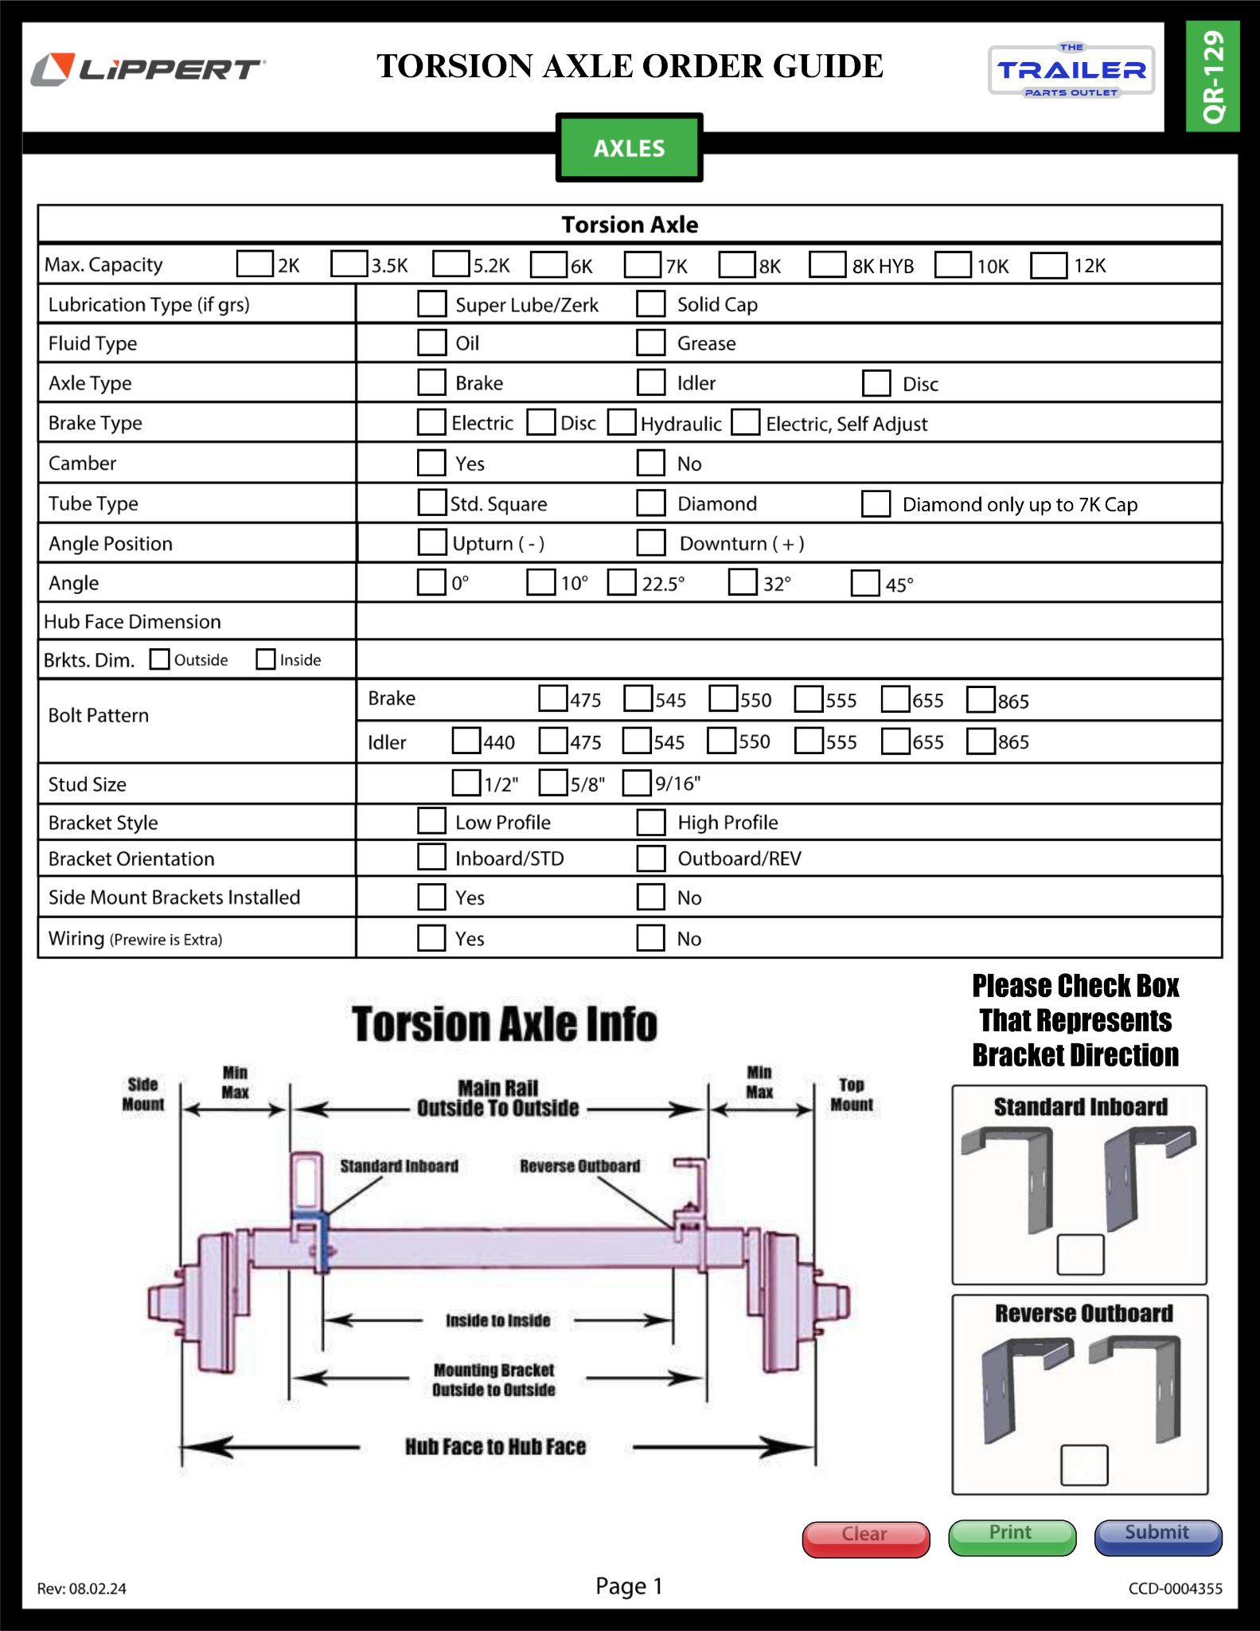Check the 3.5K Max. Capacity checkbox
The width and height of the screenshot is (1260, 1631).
tap(349, 264)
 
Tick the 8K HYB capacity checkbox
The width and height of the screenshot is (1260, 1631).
tap(827, 264)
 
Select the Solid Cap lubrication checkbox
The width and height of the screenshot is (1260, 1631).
tap(650, 304)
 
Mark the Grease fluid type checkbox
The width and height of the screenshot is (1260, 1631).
tap(650, 343)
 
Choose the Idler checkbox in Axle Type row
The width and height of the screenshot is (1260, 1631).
tap(650, 382)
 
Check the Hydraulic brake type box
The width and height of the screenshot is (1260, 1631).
tap(622, 422)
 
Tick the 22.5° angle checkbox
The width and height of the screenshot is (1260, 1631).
tap(622, 582)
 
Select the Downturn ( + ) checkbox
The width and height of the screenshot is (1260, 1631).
tap(650, 542)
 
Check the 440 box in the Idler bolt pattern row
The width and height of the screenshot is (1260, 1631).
tap(466, 741)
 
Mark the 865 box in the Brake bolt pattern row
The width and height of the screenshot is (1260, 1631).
tap(981, 699)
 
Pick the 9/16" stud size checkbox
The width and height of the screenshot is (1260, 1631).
tap(637, 783)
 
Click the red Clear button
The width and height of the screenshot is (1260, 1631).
tap(865, 1538)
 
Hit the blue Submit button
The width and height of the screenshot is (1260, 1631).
tap(1157, 1536)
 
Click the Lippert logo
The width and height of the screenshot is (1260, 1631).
tap(148, 69)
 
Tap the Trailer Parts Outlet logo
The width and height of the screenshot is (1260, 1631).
tap(1071, 71)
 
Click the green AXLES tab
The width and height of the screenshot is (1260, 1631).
tap(629, 148)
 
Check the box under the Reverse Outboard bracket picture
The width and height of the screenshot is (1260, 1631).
tap(1083, 1465)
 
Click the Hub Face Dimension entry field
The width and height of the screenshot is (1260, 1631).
tap(788, 621)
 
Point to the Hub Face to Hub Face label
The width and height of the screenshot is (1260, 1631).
tap(495, 1447)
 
